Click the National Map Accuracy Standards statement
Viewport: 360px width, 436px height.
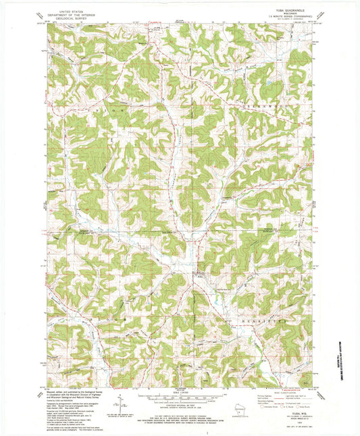[180, 414]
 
